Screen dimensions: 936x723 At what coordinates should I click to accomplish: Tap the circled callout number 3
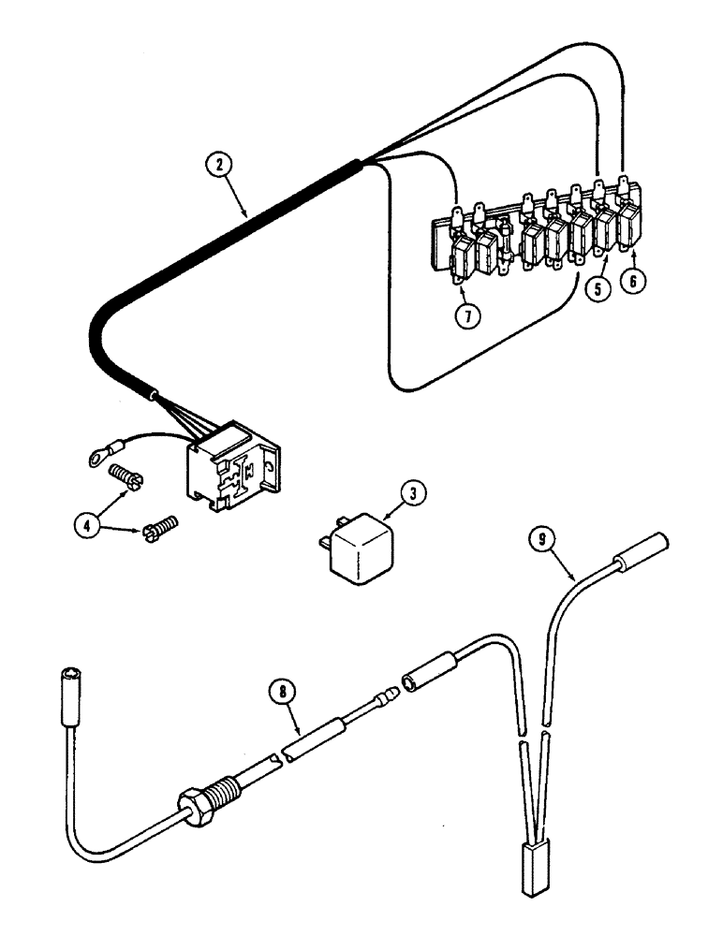[413, 491]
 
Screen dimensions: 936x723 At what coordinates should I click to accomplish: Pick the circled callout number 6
[636, 283]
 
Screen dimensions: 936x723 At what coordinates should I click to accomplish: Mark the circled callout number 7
[467, 314]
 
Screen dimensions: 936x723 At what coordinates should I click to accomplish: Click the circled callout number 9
[539, 538]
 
